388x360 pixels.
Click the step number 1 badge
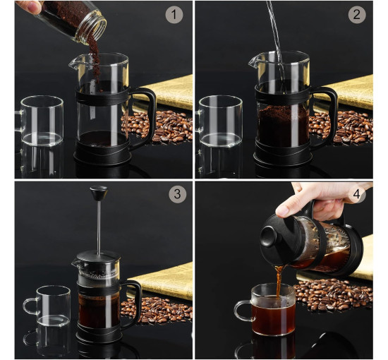174,15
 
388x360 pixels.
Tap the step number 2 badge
357,15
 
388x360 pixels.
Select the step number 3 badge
177,194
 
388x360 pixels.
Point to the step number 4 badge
356,194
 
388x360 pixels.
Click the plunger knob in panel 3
99,193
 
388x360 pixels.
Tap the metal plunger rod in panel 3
99,228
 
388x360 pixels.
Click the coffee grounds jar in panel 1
73,20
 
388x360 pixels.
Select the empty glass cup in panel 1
40,121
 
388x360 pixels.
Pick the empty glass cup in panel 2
219,121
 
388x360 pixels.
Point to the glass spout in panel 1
77,63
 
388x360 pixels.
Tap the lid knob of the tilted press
269,236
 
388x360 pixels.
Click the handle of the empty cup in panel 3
30,306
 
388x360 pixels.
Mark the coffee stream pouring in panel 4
279,281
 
